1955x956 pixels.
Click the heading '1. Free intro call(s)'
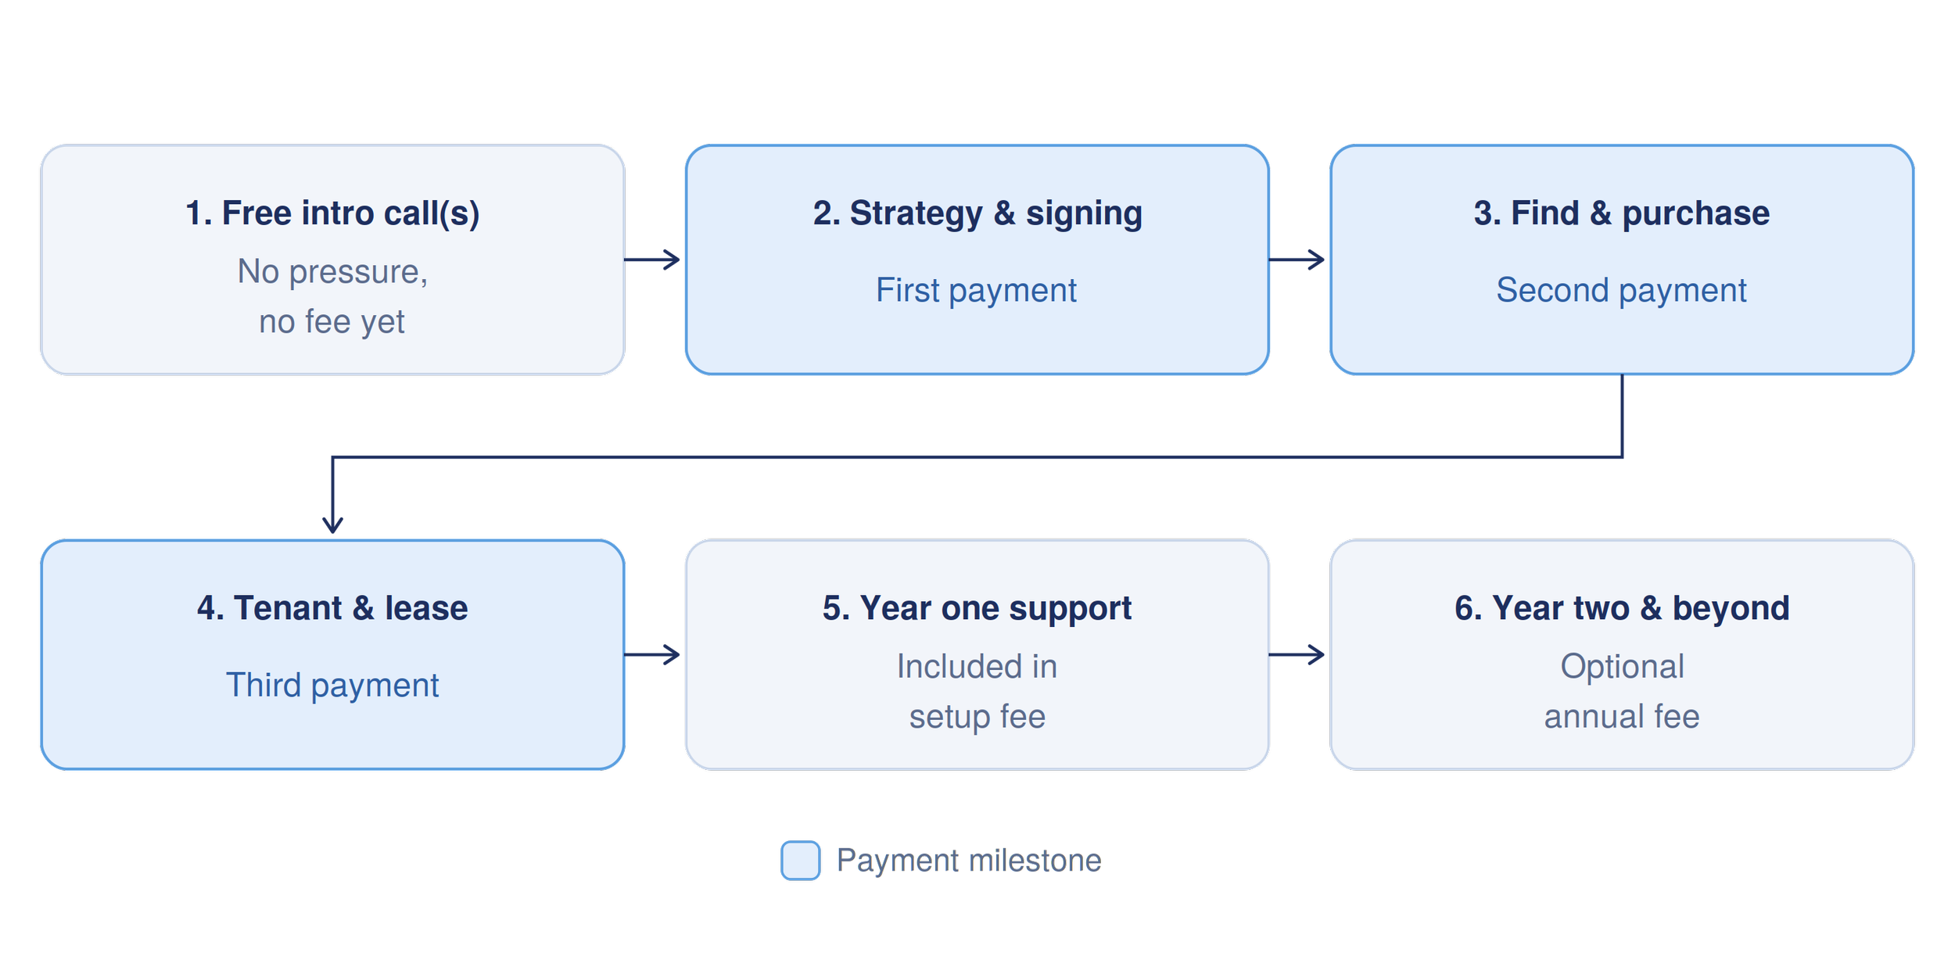click(x=332, y=213)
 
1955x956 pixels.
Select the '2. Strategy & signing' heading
click(x=977, y=213)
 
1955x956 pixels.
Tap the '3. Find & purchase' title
click(x=1621, y=213)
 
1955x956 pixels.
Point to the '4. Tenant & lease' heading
click(x=332, y=608)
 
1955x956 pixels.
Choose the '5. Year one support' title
click(x=977, y=608)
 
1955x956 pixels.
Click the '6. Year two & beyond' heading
click(x=1622, y=608)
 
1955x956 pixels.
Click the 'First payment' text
click(x=976, y=291)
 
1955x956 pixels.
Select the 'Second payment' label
click(x=1621, y=291)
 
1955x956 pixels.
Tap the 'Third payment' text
click(x=332, y=686)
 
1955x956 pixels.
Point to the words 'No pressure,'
click(x=332, y=272)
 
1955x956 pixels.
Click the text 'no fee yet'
click(x=332, y=322)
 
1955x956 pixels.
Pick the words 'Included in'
click(x=977, y=667)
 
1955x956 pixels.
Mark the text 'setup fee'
click(x=977, y=717)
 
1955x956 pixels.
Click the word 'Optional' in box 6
click(x=1622, y=667)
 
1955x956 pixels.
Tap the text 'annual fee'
click(x=1622, y=717)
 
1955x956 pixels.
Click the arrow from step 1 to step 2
click(x=651, y=260)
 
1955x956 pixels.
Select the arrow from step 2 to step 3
click(x=1297, y=260)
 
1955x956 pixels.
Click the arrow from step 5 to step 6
click(x=1297, y=654)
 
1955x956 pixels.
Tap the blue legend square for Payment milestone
click(x=801, y=861)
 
